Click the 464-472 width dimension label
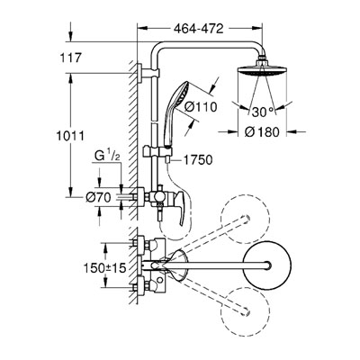point(199,29)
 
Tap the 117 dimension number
point(70,58)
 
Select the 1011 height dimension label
point(70,136)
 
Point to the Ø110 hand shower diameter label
point(200,107)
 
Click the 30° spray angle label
point(263,112)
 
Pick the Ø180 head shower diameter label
point(262,132)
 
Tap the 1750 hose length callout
point(198,160)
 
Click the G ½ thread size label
point(107,156)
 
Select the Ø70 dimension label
point(98,197)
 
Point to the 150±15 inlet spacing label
point(104,268)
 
